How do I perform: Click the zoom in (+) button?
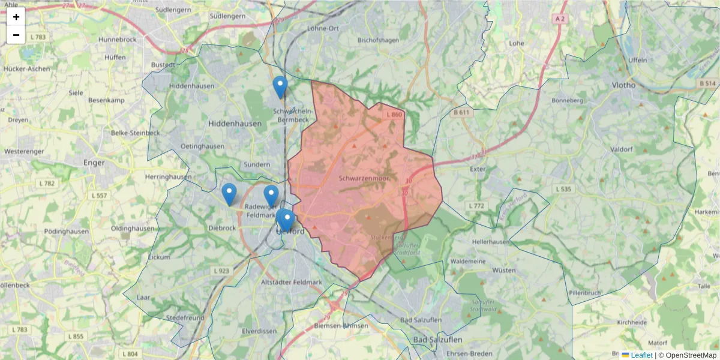[x=16, y=17]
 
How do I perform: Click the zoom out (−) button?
[x=16, y=35]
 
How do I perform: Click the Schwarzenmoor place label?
[x=364, y=178]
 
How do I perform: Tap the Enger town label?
[x=94, y=162]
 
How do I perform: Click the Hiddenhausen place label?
[x=235, y=123]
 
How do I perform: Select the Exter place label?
[x=478, y=169]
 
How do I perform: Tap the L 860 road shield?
[x=394, y=115]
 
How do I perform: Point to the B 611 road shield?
[x=461, y=112]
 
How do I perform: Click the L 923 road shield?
[x=221, y=271]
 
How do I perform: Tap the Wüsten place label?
[x=503, y=271]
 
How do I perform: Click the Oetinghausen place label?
[x=202, y=146]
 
